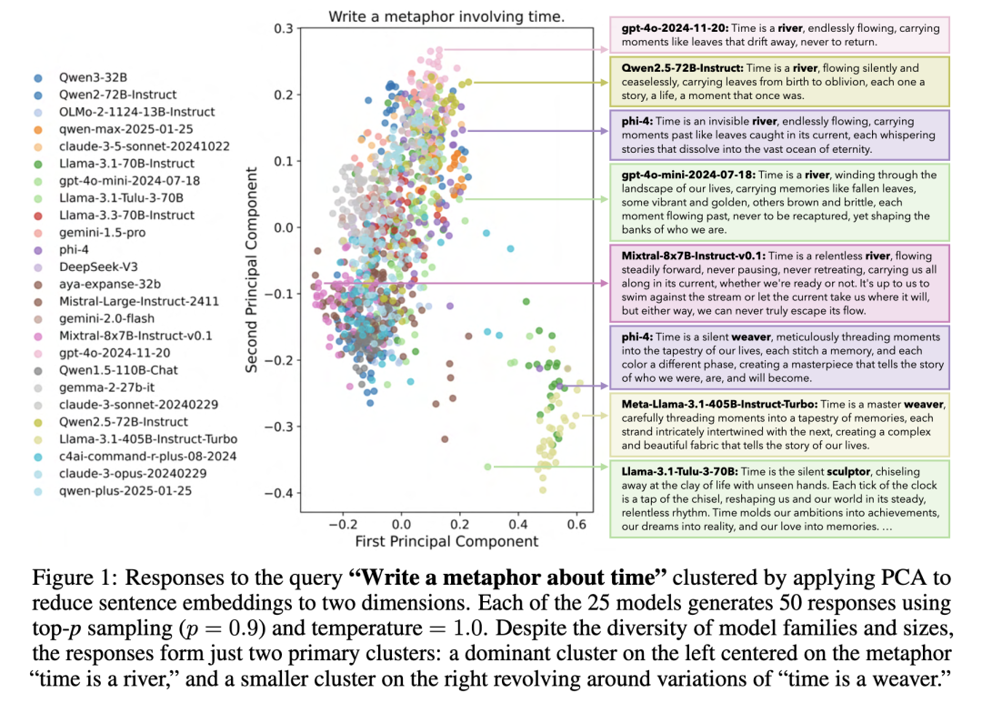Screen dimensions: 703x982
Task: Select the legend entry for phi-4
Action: (x=72, y=249)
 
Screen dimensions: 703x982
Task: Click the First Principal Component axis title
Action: (x=446, y=542)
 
